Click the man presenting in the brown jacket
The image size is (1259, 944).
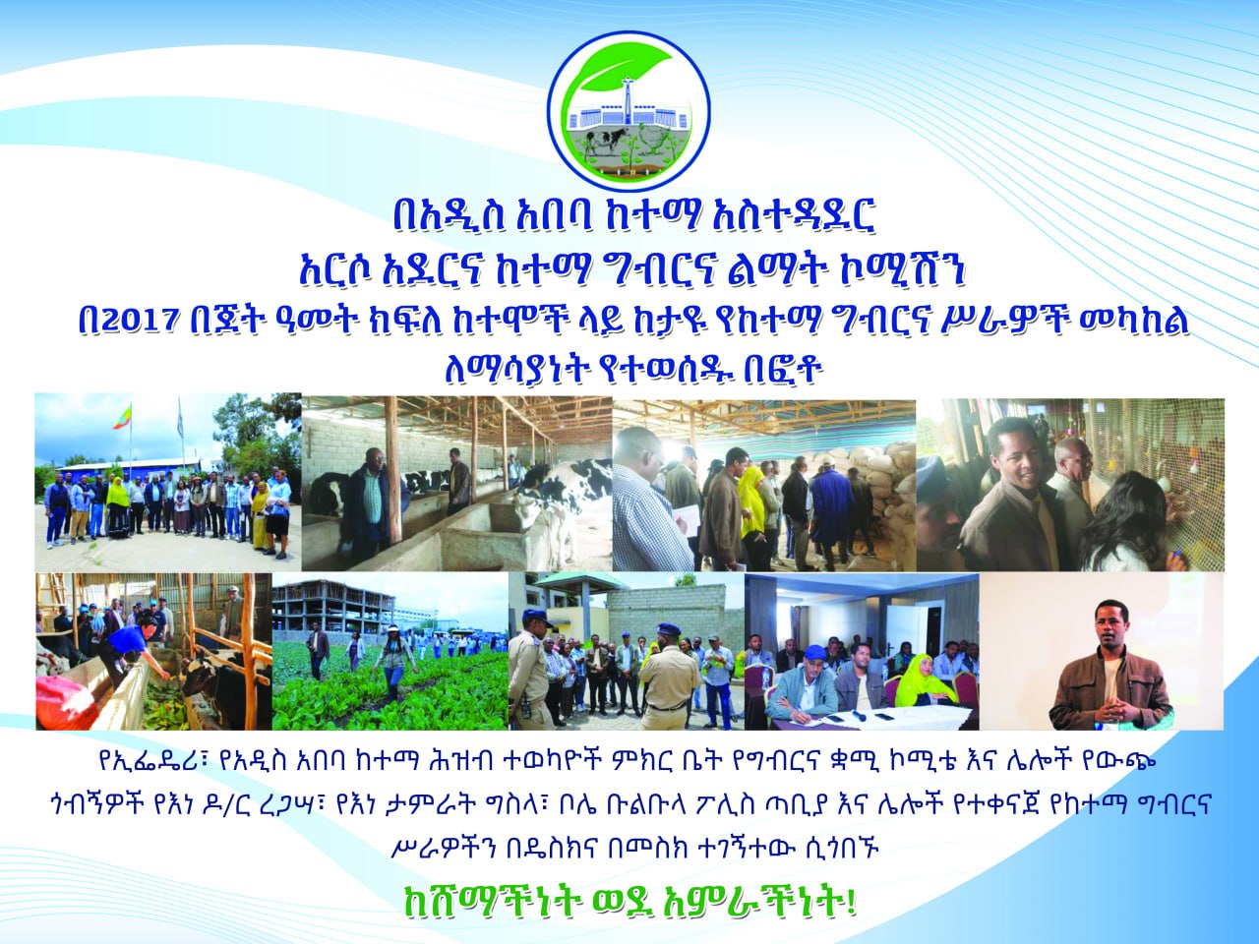point(1109,668)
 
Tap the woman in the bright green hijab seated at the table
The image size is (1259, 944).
point(922,682)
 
